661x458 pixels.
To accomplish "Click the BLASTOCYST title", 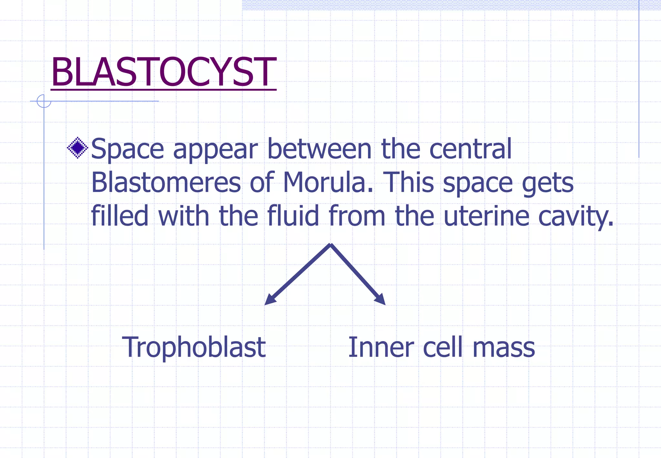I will [163, 72].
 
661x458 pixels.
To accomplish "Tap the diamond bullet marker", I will [77, 148].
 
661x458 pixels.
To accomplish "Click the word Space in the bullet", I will [127, 149].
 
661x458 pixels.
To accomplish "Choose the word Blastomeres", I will [166, 182].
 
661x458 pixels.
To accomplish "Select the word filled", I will [120, 215].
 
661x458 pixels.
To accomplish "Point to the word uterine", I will [486, 215].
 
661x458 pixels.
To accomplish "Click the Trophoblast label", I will [194, 348].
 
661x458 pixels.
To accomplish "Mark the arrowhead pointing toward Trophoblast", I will [269, 300].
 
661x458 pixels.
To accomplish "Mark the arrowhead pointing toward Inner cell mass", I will [381, 299].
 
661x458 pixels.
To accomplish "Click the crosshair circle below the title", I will [44, 101].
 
